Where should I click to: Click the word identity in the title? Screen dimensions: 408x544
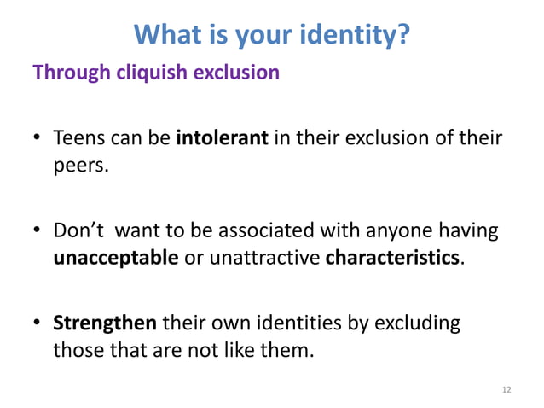(350, 35)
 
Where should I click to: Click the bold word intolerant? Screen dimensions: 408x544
(222, 137)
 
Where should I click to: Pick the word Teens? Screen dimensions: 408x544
(78, 137)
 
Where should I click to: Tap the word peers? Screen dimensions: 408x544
(80, 165)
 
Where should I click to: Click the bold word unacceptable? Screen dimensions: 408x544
(116, 257)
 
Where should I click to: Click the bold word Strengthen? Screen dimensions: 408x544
(105, 323)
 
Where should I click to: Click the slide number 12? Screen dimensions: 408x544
(506, 389)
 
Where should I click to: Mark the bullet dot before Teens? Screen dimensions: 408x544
(38, 138)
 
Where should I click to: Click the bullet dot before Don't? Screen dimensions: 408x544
(38, 230)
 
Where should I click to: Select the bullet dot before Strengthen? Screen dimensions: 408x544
(38, 324)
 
